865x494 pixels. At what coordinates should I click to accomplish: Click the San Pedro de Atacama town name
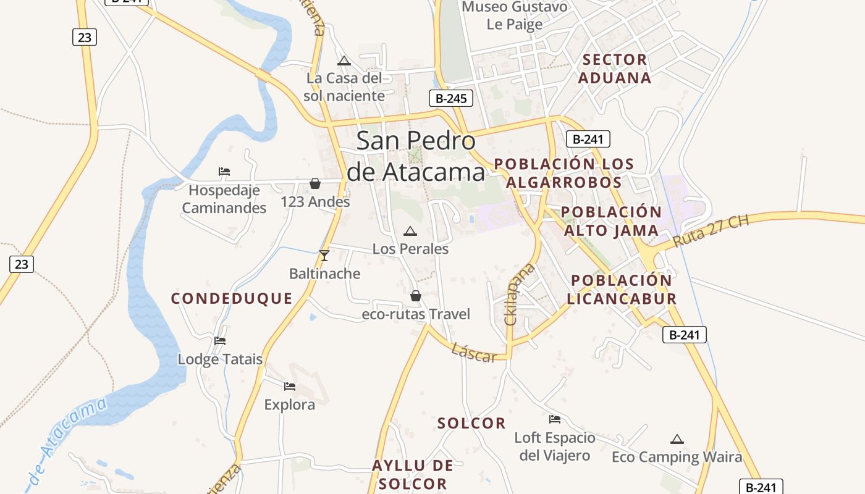[416, 156]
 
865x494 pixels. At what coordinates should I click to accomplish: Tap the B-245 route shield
[450, 98]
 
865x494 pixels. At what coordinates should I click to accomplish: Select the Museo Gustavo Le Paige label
[515, 15]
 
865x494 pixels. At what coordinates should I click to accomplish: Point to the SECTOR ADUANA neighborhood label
[615, 69]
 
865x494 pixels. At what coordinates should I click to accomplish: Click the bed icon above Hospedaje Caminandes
[224, 172]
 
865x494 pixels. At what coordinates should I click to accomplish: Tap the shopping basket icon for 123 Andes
[315, 183]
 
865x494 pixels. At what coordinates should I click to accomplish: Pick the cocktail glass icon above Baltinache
[324, 255]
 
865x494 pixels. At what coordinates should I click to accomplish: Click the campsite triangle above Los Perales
[410, 232]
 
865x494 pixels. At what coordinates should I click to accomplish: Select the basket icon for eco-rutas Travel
[416, 296]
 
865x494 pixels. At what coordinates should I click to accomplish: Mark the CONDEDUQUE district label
[232, 299]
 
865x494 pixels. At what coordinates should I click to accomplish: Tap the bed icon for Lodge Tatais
[219, 340]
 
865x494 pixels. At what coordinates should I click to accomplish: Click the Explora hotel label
[290, 405]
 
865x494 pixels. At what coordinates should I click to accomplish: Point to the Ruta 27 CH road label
[711, 231]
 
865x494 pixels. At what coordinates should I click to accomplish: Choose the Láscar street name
[474, 353]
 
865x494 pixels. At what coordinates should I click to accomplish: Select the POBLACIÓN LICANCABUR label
[622, 290]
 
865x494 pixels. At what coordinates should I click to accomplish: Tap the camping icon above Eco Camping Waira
[677, 440]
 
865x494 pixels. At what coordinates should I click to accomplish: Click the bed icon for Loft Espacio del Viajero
[555, 419]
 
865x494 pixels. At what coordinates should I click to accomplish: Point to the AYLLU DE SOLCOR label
[413, 474]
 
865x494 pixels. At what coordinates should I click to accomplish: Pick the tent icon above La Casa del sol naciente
[344, 61]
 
